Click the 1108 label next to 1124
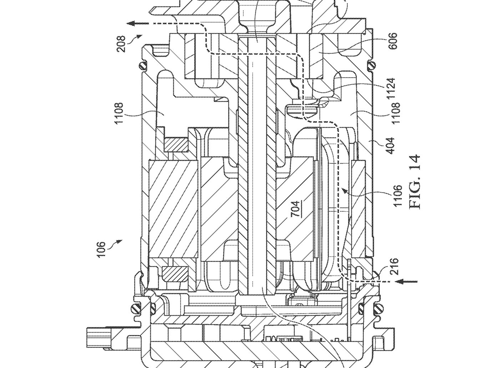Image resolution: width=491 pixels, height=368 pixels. pyautogui.click(x=395, y=113)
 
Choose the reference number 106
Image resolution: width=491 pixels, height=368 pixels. pyautogui.click(x=102, y=250)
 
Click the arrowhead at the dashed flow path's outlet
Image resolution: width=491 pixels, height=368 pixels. pyautogui.click(x=132, y=23)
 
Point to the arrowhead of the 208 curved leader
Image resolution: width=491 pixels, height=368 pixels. pyautogui.click(x=140, y=36)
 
